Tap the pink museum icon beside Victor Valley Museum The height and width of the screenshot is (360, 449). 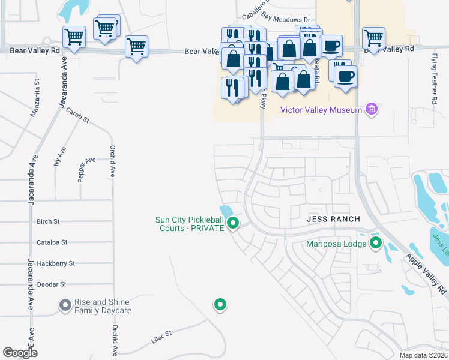coord(372,109)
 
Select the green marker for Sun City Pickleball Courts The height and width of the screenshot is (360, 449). coord(234,224)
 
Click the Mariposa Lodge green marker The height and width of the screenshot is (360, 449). coord(376,243)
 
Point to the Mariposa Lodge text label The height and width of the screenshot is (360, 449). coord(336,244)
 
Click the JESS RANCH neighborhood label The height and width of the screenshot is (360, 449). coord(333,219)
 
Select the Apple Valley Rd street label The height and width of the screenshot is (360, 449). coord(426,274)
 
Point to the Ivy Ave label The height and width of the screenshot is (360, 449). coord(59,159)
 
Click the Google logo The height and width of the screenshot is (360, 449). coord(20,352)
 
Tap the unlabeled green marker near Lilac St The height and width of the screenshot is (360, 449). coord(220,305)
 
